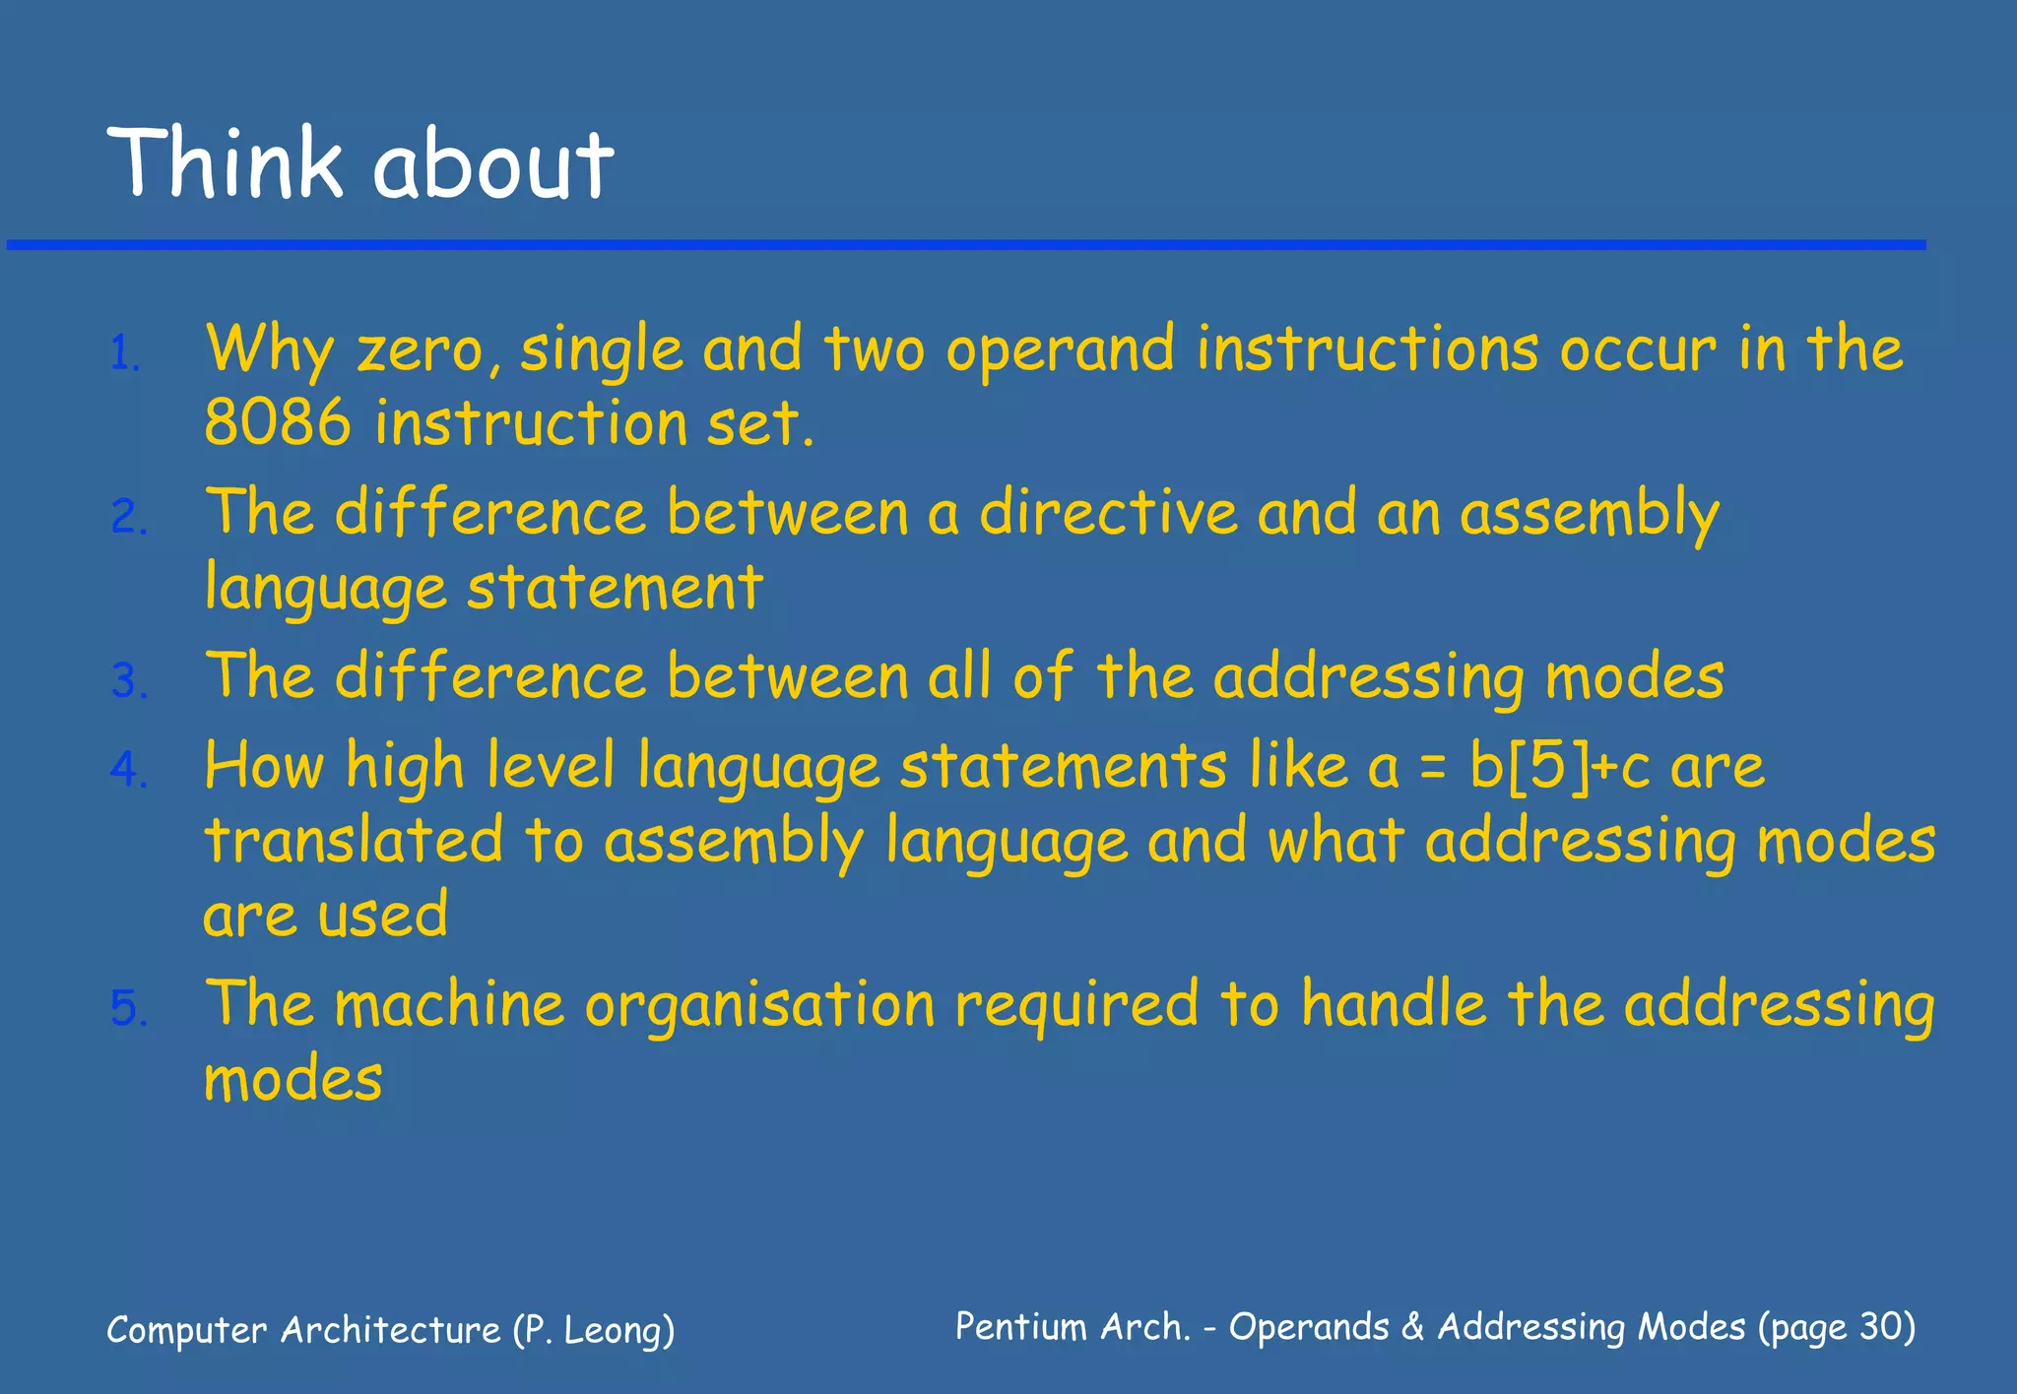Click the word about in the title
click(x=492, y=165)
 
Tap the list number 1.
click(x=125, y=353)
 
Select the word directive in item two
click(x=1108, y=513)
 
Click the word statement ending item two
click(x=615, y=588)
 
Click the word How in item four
click(x=264, y=766)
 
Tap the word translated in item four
click(x=354, y=841)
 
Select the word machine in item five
click(x=449, y=1005)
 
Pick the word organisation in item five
click(x=759, y=1006)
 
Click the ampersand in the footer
click(x=1412, y=1327)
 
